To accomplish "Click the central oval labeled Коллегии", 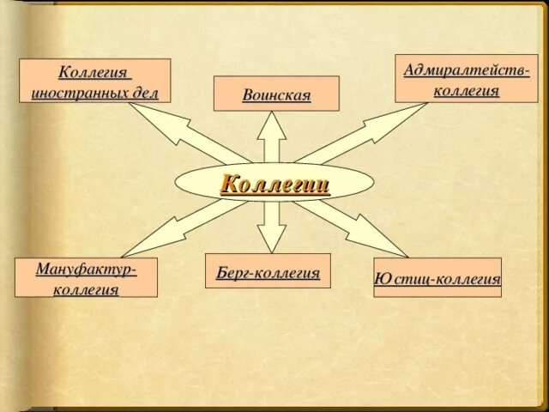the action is point(274,182).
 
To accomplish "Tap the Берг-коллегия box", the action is point(268,271).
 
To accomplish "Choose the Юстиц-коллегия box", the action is point(437,278).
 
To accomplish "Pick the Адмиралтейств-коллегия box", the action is point(467,78).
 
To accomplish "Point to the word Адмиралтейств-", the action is point(467,69).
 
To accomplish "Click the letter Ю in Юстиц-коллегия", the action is point(383,279).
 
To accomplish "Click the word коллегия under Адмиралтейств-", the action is point(467,89).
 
